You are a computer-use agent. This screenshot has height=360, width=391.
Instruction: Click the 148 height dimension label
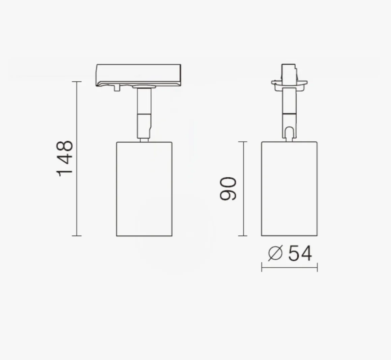point(65,159)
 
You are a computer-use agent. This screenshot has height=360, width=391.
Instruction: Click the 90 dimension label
point(228,189)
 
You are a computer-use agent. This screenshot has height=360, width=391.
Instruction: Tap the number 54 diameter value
point(300,253)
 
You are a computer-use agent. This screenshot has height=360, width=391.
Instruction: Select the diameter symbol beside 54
point(275,253)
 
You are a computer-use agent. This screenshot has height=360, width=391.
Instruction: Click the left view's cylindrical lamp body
point(144,189)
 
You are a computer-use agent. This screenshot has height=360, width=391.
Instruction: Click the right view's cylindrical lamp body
point(289,189)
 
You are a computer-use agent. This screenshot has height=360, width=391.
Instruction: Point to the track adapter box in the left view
point(139,75)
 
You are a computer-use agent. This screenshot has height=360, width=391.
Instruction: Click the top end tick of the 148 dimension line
point(77,81)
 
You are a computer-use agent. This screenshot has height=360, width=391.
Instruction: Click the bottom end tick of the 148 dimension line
point(77,236)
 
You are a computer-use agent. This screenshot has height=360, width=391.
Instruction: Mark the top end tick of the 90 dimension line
point(243,141)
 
